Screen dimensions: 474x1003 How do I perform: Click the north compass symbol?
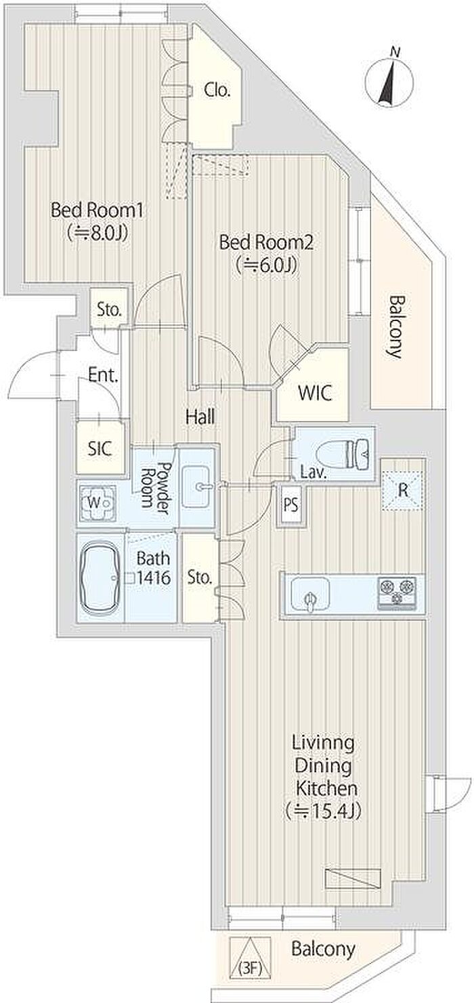click(389, 80)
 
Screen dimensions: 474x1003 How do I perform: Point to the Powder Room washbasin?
click(196, 486)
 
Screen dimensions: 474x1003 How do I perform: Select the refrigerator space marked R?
click(402, 491)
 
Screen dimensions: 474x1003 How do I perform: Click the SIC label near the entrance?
click(100, 448)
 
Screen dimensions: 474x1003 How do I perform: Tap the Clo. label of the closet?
click(217, 91)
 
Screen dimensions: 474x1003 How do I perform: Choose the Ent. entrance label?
click(103, 375)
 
